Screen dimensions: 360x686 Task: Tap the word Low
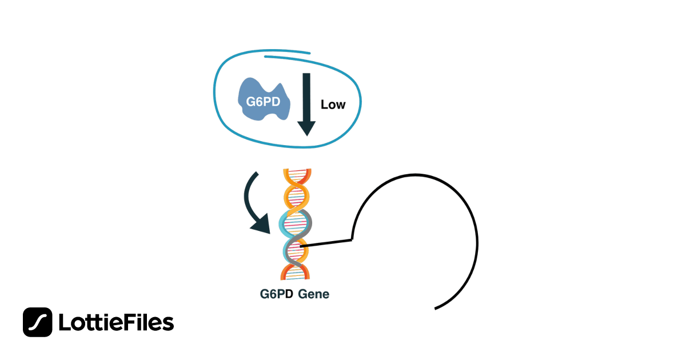(x=333, y=105)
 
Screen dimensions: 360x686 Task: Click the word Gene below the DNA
(x=313, y=295)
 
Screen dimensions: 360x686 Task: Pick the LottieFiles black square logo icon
(x=38, y=322)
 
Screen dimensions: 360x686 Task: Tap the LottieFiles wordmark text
(x=116, y=323)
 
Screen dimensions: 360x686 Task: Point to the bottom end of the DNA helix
(x=295, y=278)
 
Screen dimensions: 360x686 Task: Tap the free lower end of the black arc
(x=436, y=309)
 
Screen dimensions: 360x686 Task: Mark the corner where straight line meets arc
(x=352, y=239)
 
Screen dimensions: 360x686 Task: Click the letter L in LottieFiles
(x=65, y=323)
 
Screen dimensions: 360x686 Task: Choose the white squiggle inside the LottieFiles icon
(x=38, y=322)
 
